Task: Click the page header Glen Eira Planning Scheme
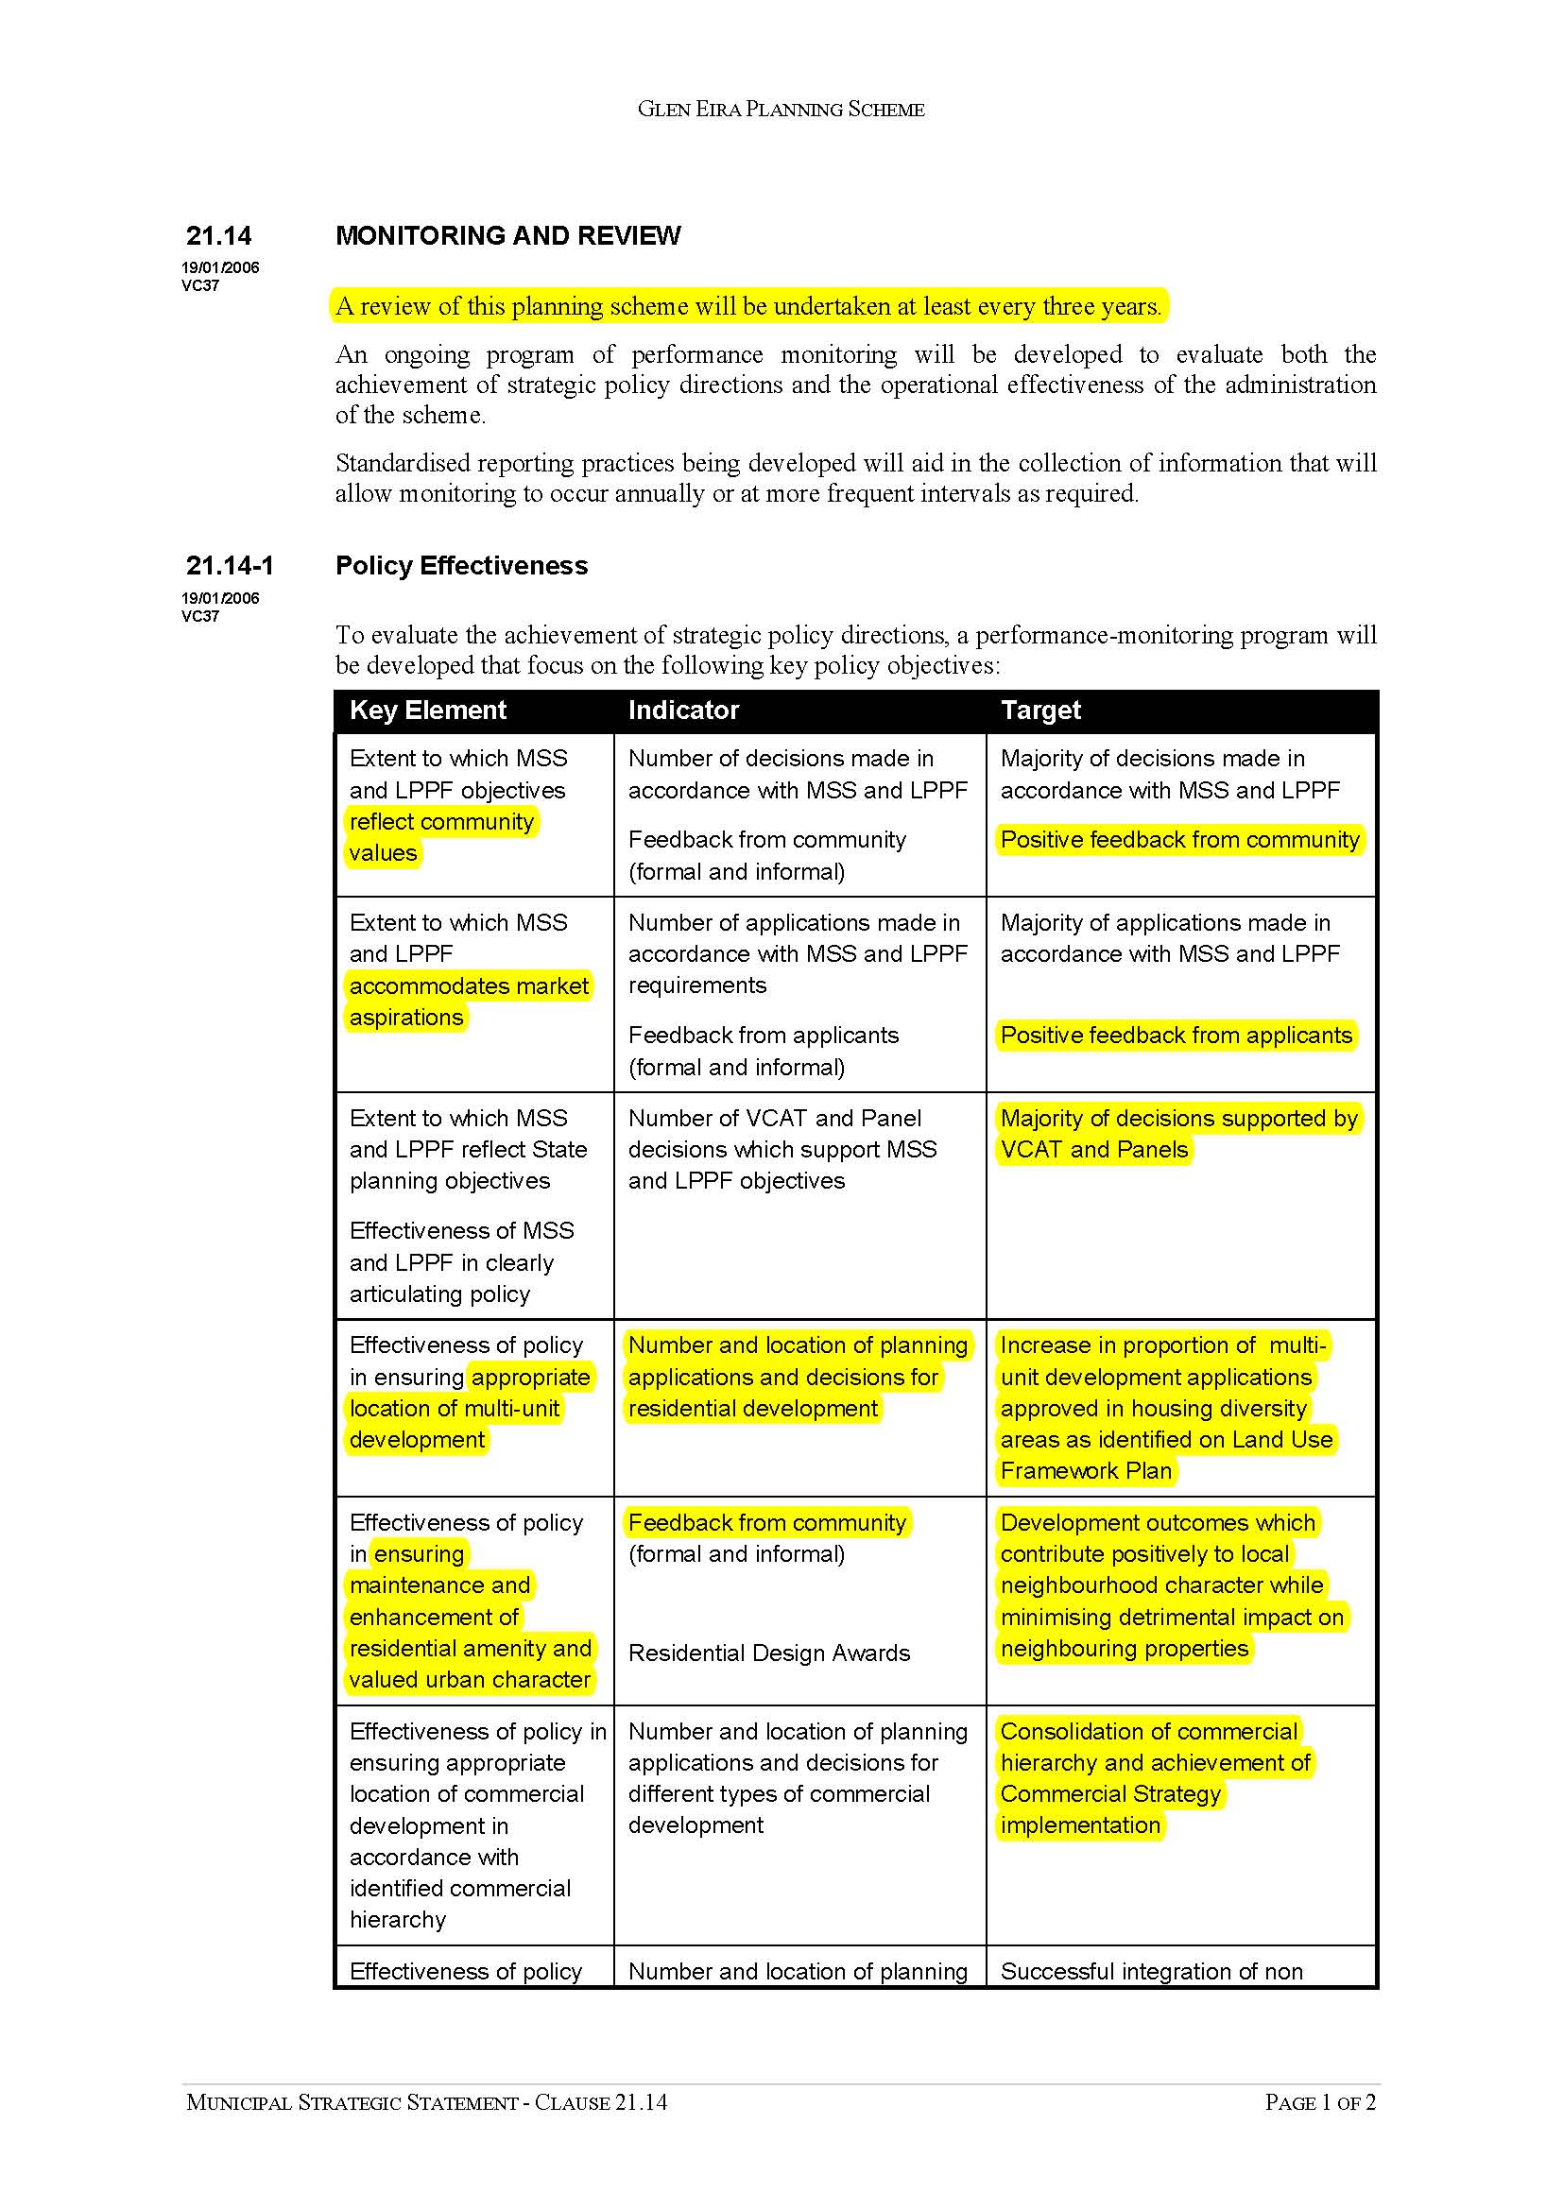[x=781, y=110]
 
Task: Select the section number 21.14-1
[x=229, y=565]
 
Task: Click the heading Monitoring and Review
[x=507, y=236]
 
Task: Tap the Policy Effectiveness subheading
[x=461, y=565]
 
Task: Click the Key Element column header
[x=427, y=711]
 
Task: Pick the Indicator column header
[x=683, y=711]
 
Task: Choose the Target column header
[x=1040, y=711]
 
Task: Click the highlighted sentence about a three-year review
[x=748, y=306]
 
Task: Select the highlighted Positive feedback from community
[x=1179, y=839]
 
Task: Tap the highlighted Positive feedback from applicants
[x=1177, y=1035]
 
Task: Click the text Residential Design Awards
[x=769, y=1653]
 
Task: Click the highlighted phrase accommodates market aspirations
[x=469, y=1001]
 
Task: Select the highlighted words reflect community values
[x=441, y=836]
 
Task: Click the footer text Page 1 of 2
[x=1319, y=2102]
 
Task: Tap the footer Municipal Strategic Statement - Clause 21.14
[x=426, y=2102]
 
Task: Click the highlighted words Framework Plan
[x=1086, y=1471]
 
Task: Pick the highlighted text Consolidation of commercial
[x=1149, y=1731]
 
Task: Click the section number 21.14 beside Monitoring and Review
[x=218, y=236]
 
